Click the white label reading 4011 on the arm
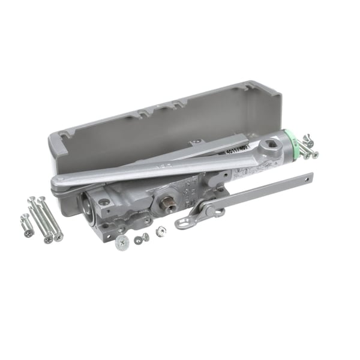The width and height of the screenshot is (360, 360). click(x=238, y=151)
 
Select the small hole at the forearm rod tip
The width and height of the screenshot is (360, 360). click(x=308, y=177)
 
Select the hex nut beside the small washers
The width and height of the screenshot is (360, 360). click(x=161, y=231)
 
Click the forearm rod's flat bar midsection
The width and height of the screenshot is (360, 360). click(x=264, y=191)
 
